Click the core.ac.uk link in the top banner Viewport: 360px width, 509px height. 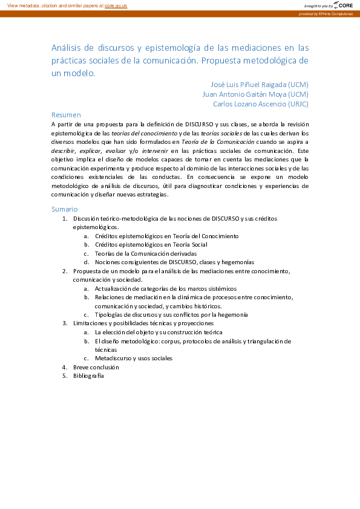coord(116,5)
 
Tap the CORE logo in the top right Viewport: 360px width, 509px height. coord(343,5)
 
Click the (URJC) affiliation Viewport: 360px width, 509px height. coord(298,103)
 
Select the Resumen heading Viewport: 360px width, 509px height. coord(66,114)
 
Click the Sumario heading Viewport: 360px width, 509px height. coord(65,209)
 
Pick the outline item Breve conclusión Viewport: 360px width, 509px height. coord(96,367)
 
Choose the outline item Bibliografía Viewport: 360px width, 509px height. coord(89,375)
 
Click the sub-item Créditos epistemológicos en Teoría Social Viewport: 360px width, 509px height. coord(151,244)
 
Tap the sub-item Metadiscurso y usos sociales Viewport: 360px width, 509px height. coord(134,358)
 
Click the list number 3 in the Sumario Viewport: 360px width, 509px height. coord(65,323)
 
